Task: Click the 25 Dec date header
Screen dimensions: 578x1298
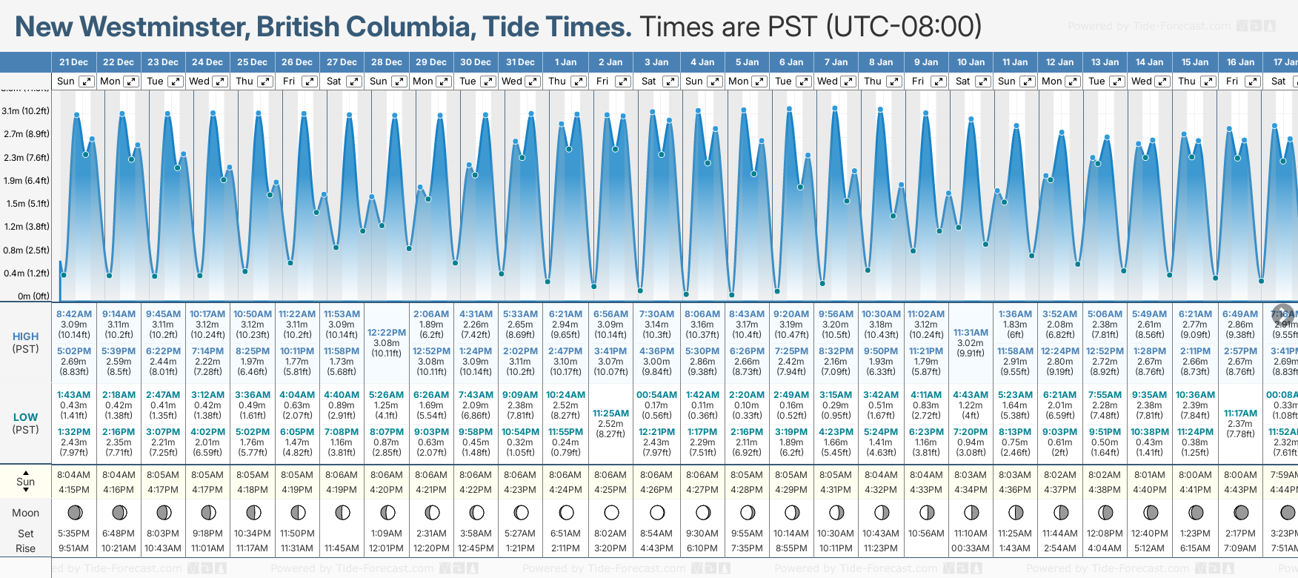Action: point(252,62)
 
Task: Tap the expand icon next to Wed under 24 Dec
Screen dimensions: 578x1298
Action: point(220,82)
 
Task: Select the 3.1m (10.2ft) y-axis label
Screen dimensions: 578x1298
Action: point(26,111)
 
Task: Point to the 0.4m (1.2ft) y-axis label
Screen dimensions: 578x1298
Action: point(26,273)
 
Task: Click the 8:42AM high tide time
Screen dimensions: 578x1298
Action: point(74,314)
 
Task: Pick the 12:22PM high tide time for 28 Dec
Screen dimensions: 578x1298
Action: point(387,333)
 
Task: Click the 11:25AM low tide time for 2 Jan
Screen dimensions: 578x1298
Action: point(610,413)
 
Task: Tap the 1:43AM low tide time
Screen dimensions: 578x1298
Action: point(74,395)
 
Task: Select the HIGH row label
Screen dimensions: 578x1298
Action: point(26,336)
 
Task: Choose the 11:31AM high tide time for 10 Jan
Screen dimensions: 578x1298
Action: point(971,333)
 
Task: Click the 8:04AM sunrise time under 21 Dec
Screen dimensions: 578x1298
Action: point(74,475)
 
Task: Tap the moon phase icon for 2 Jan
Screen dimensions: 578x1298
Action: point(611,512)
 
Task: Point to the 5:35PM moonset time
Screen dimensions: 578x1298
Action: point(74,534)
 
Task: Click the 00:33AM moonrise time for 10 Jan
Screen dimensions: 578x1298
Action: point(971,548)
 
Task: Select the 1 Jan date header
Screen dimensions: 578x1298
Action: point(565,62)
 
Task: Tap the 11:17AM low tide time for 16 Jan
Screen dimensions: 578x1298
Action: point(1240,413)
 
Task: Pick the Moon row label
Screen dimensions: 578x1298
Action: point(26,513)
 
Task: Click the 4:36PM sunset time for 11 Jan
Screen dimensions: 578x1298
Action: point(1015,490)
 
